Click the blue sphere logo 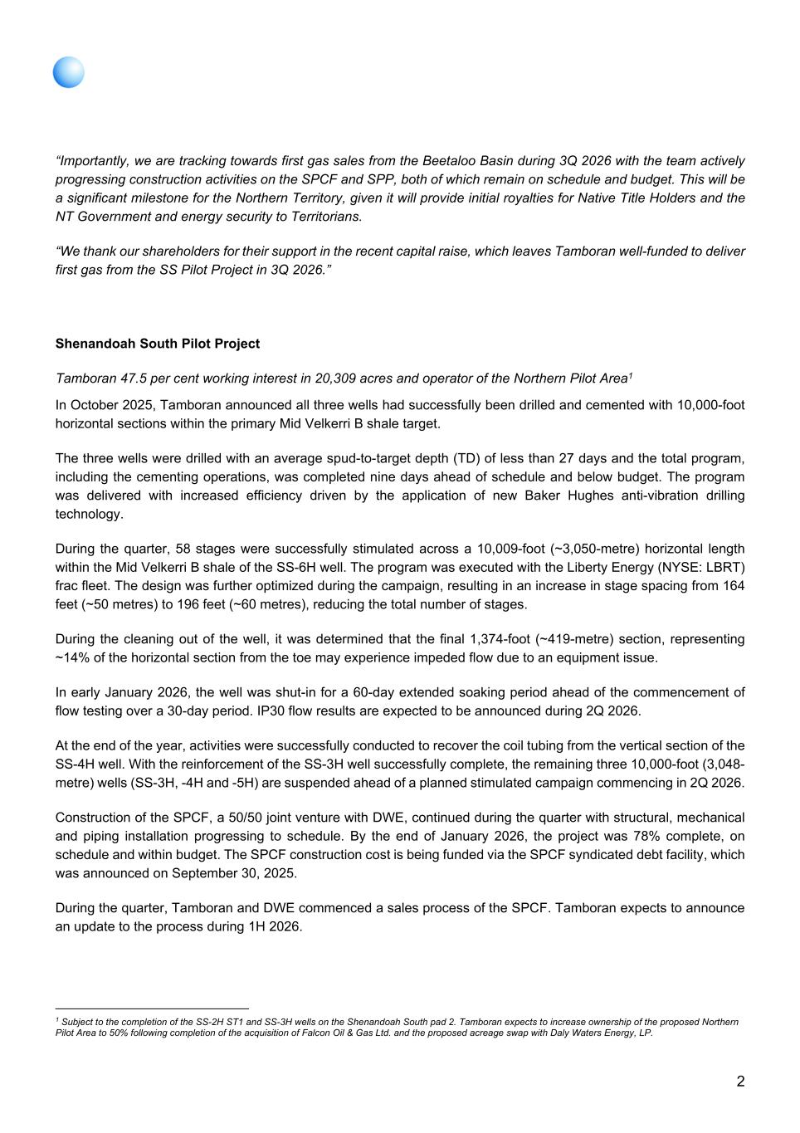[69, 73]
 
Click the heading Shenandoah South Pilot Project [157, 344]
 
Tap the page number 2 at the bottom [740, 1082]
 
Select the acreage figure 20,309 [334, 378]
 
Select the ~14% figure [70, 657]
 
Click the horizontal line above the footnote [152, 1008]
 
